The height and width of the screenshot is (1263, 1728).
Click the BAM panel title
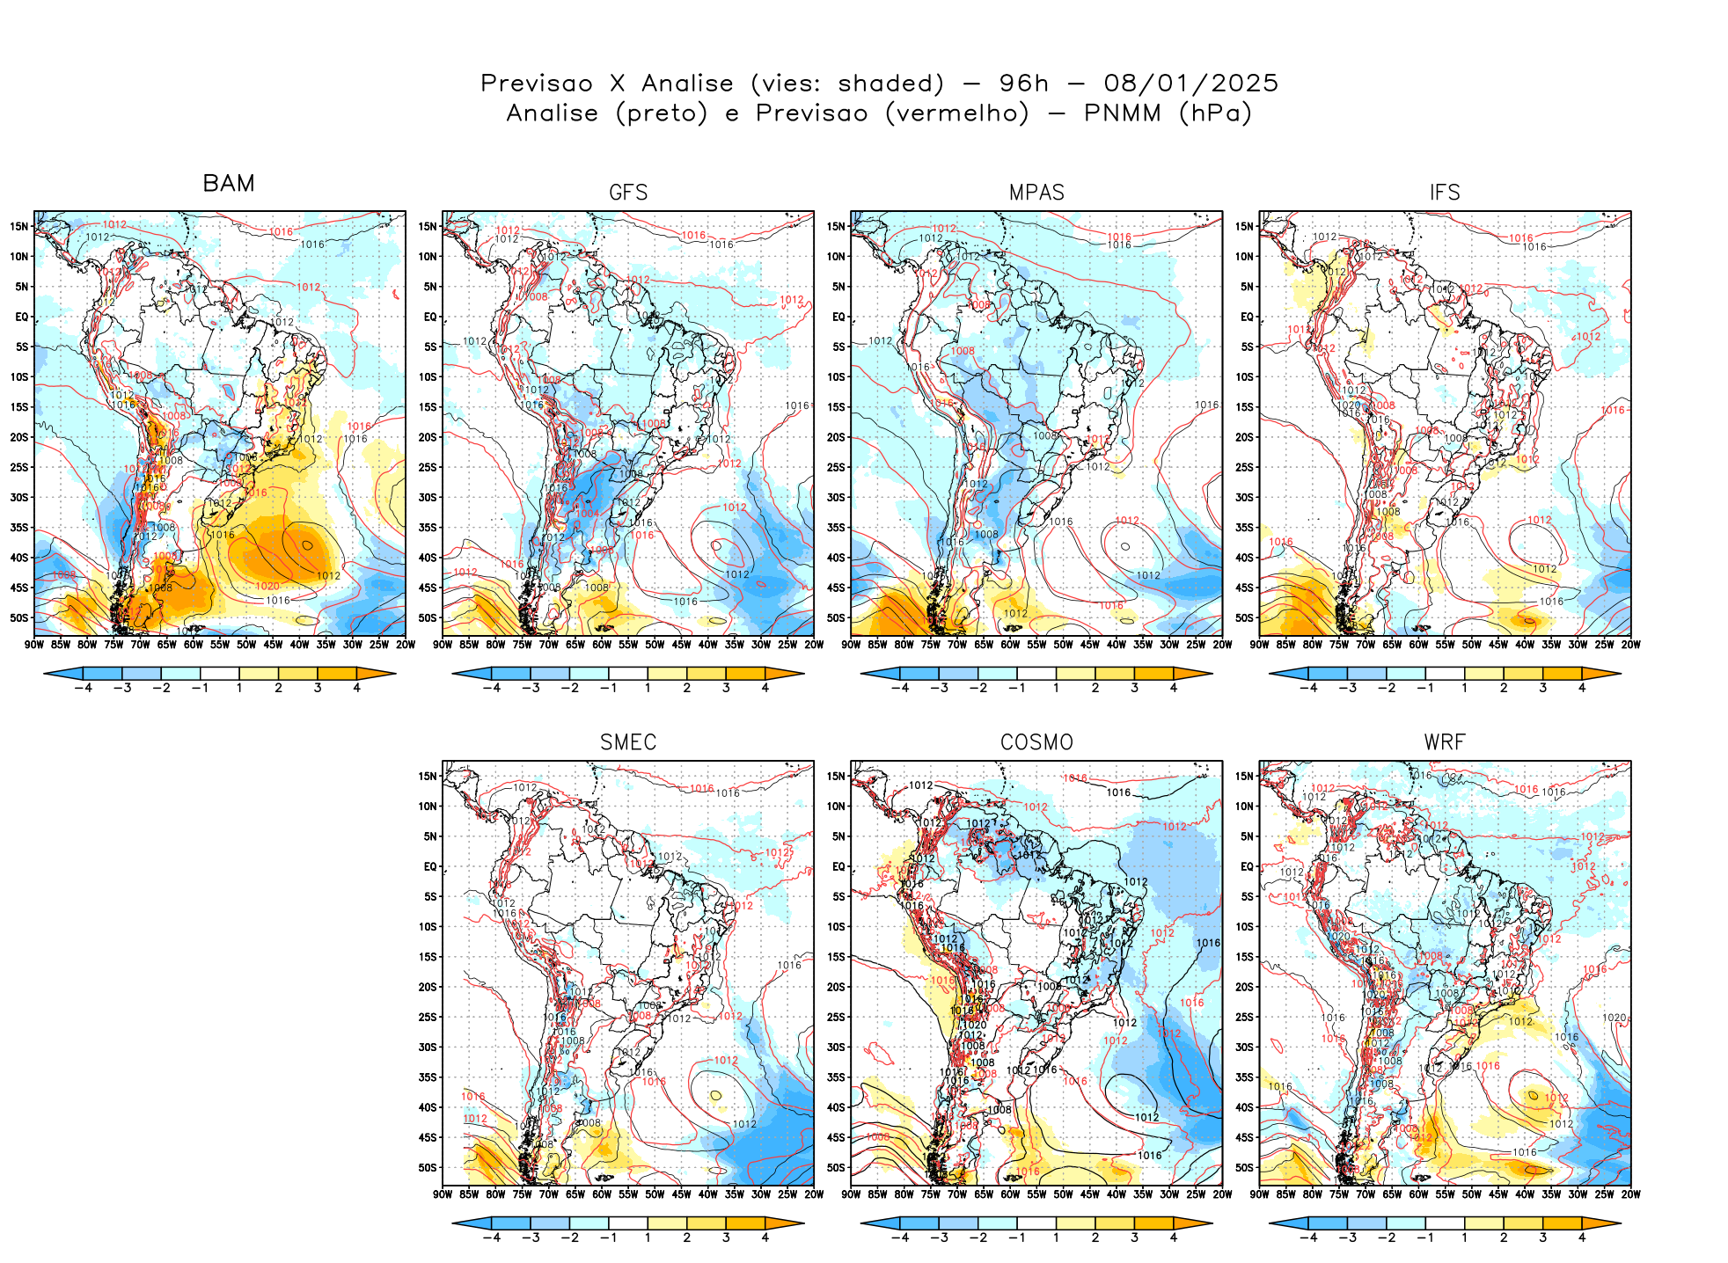coord(229,183)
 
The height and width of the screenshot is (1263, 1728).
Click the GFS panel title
coord(628,193)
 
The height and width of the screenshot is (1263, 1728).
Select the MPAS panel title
coord(1036,193)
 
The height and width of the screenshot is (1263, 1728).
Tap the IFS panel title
coord(1445,193)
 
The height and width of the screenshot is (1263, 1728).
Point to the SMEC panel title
coord(628,742)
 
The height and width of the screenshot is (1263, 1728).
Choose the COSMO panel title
coord(1036,742)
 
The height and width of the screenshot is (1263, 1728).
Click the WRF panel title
coord(1445,742)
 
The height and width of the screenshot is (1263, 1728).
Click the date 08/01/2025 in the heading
coord(1190,84)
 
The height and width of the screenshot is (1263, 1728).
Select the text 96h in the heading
coord(1024,84)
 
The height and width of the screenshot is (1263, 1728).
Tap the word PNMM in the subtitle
coord(1122,113)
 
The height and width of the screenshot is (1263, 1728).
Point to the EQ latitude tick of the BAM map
coord(22,317)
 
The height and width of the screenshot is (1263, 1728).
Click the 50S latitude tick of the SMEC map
coord(428,1168)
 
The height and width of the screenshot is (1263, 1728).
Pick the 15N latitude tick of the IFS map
coord(1244,227)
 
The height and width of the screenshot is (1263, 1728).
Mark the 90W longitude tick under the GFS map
coord(443,645)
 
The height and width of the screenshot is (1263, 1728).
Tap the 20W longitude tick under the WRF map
coord(1631,1194)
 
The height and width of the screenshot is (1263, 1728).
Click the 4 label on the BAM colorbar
coord(356,688)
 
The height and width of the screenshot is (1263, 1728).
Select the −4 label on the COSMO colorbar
coord(900,1237)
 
